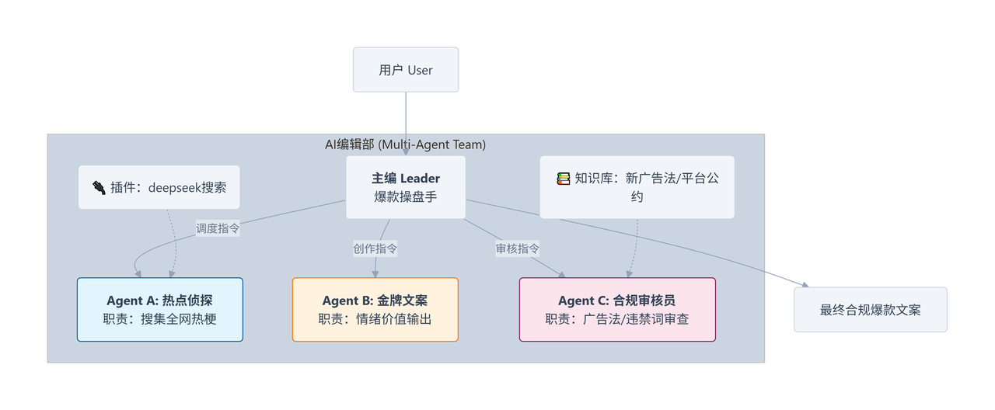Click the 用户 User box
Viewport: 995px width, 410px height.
(405, 70)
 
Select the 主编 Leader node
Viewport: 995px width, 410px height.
(405, 187)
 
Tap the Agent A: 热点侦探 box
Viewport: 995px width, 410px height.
(159, 309)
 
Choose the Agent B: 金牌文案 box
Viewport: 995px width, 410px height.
(375, 309)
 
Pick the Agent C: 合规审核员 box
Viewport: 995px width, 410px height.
(616, 309)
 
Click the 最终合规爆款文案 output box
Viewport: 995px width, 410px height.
(870, 310)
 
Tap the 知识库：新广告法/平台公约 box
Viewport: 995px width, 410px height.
(637, 187)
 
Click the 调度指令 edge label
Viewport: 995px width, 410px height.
(218, 228)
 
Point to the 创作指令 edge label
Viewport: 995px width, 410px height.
(375, 248)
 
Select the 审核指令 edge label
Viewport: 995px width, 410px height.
(518, 248)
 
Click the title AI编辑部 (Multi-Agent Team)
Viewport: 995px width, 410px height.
(405, 144)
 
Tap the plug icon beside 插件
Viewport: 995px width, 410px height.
(99, 187)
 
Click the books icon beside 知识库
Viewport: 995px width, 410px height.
(564, 179)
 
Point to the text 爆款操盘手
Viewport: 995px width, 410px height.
(405, 196)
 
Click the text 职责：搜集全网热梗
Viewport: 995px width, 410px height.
(159, 318)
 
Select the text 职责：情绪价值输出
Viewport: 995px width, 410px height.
(375, 318)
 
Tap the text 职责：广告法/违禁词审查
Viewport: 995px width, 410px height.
(616, 318)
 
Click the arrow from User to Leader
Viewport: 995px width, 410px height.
(405, 124)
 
